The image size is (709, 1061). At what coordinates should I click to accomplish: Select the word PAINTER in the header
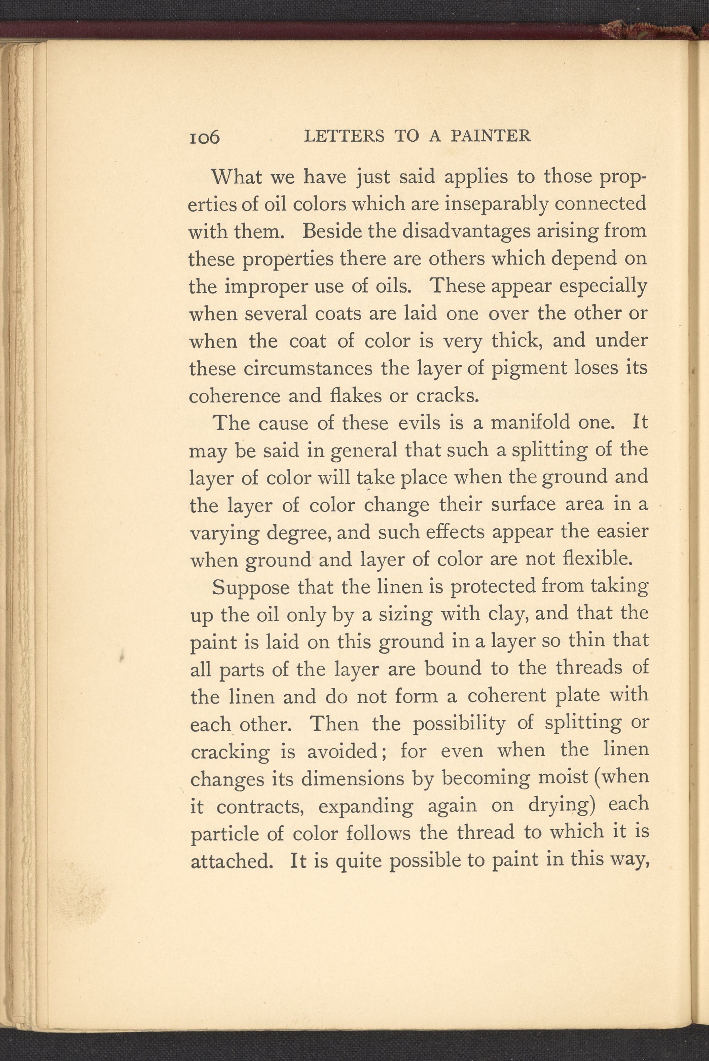click(x=491, y=136)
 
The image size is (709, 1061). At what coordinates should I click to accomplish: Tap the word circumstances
click(x=308, y=368)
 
